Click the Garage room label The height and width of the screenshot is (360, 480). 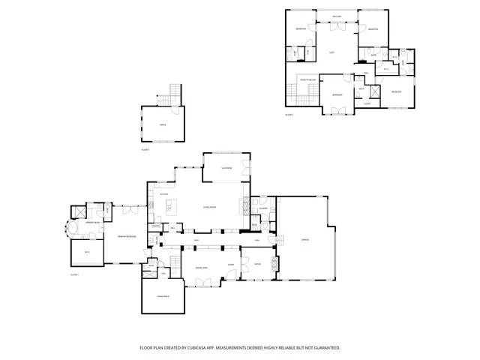304,239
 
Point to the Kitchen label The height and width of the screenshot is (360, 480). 163,194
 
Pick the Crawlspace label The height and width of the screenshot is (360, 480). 163,298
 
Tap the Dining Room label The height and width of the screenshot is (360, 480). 200,267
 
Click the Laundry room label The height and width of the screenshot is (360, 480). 263,208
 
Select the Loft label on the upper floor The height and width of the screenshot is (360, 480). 331,52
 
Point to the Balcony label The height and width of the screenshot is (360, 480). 336,16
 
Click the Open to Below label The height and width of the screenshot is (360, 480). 307,77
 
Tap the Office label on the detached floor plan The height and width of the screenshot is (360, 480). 162,124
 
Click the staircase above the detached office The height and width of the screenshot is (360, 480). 174,92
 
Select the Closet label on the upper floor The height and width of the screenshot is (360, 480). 367,103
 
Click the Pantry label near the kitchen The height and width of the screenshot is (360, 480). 156,226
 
